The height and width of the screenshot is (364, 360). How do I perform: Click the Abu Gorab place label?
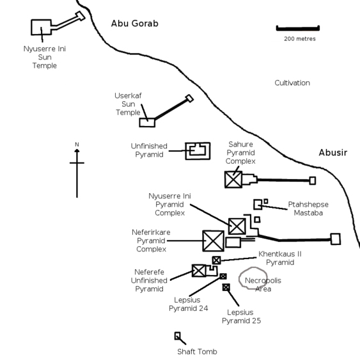pos(135,24)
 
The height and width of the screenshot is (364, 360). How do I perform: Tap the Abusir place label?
pos(333,152)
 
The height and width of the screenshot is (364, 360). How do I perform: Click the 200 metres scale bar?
pos(298,28)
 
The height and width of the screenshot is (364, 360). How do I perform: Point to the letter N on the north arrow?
pos(77,145)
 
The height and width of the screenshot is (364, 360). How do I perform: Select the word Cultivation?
pos(292,83)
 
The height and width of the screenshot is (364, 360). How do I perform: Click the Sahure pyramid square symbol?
pos(233,180)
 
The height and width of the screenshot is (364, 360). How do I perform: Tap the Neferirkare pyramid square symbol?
pos(214,241)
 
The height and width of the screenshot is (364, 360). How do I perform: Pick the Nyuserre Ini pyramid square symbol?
pos(237,226)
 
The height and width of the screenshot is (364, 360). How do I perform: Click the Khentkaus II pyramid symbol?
pos(216,260)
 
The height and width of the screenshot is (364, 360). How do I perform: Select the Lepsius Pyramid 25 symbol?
pos(226,287)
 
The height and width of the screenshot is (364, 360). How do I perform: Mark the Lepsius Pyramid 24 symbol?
pos(223,276)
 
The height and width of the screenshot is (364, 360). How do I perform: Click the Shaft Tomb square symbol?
pos(178,336)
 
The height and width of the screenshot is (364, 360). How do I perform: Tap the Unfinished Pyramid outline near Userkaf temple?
pos(198,151)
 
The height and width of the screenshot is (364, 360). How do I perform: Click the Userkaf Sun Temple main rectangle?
pos(147,123)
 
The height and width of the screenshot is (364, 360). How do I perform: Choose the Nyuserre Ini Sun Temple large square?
pos(42,27)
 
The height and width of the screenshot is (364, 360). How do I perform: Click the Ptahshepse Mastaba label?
pos(308,209)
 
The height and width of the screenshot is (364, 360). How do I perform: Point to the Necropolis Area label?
pos(263,285)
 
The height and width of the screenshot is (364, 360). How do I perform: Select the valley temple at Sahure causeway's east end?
pos(313,180)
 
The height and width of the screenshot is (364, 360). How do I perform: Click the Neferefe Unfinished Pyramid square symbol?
pos(199,271)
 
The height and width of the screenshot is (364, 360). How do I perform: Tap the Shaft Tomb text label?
pos(197,352)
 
